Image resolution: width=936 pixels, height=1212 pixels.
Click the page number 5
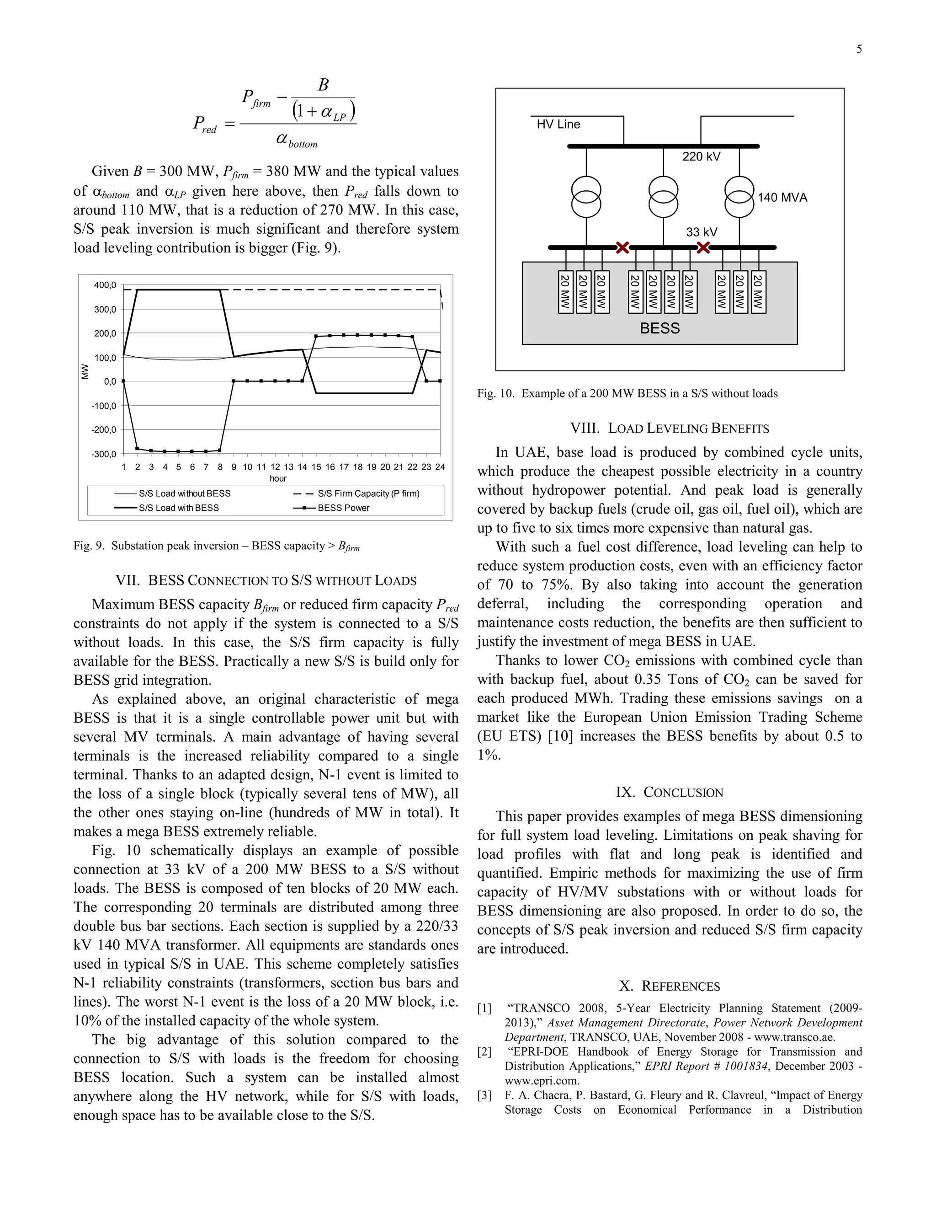[x=859, y=49]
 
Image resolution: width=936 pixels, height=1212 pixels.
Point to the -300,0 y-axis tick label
[x=104, y=454]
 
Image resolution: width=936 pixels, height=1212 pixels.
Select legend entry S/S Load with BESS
[x=179, y=508]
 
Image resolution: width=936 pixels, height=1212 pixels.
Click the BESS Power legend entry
[x=343, y=508]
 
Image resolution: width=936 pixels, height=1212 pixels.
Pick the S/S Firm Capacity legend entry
[x=368, y=493]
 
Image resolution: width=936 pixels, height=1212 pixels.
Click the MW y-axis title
[x=85, y=371]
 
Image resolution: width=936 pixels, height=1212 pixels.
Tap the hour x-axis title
[x=278, y=478]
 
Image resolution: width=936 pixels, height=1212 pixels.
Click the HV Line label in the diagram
[x=558, y=124]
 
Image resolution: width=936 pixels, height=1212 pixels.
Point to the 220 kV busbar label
[x=701, y=156]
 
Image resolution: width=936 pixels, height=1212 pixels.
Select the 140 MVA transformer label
[x=782, y=198]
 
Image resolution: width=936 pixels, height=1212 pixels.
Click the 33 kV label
[x=702, y=232]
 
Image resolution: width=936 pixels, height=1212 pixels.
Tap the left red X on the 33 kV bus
[x=622, y=247]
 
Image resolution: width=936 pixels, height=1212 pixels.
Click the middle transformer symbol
[x=663, y=198]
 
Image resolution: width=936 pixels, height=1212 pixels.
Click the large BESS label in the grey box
[x=659, y=328]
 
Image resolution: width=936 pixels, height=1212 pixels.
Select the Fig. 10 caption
[x=627, y=393]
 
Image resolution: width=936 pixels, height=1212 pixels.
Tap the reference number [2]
[x=484, y=1051]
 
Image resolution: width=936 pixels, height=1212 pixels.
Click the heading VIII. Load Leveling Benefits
[x=669, y=429]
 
